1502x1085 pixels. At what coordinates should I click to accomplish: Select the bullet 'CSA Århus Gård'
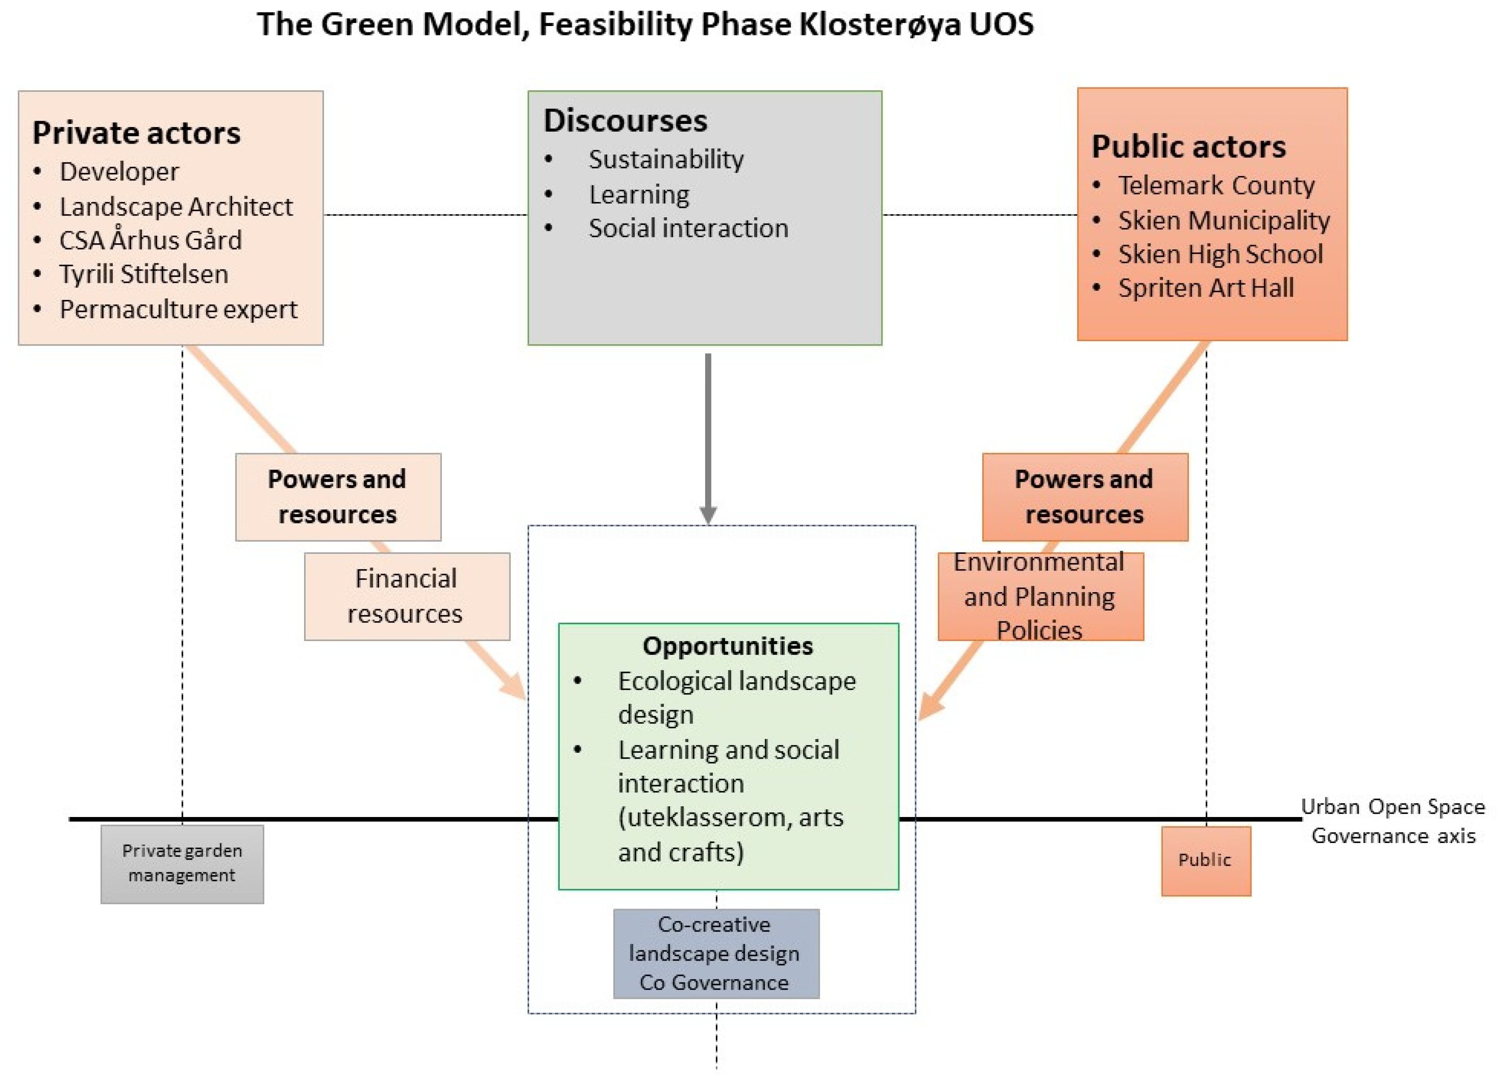[x=150, y=240]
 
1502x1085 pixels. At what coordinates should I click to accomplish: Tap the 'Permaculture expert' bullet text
[x=178, y=309]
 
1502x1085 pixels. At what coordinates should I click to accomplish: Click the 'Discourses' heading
[x=625, y=120]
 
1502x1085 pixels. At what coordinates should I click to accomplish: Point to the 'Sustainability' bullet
[x=666, y=159]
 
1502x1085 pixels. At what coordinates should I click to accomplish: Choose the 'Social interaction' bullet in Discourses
[x=688, y=228]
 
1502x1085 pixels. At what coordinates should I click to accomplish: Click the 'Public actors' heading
[x=1188, y=146]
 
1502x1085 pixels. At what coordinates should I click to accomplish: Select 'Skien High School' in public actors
[x=1220, y=254]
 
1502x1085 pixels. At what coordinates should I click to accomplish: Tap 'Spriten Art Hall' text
[x=1205, y=288]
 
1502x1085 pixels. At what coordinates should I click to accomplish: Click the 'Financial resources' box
[x=406, y=597]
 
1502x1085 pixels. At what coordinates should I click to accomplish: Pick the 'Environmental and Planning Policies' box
[x=1040, y=597]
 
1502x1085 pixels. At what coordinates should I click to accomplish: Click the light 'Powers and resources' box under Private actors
[x=338, y=497]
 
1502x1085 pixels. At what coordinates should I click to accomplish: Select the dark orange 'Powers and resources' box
[x=1084, y=497]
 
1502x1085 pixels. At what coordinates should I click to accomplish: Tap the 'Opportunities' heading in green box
[x=727, y=646]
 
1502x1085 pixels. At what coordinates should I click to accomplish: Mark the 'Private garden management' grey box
[x=181, y=863]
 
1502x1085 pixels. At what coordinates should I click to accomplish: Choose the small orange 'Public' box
[x=1205, y=860]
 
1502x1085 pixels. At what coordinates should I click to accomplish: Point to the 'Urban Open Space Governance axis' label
[x=1393, y=821]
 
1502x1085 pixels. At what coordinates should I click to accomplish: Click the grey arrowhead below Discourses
[x=708, y=515]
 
